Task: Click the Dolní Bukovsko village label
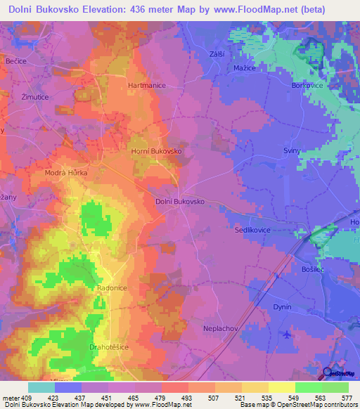pos(179,201)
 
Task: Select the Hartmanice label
pos(146,85)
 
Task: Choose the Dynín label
pos(282,307)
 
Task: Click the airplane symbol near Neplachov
pos(285,333)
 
